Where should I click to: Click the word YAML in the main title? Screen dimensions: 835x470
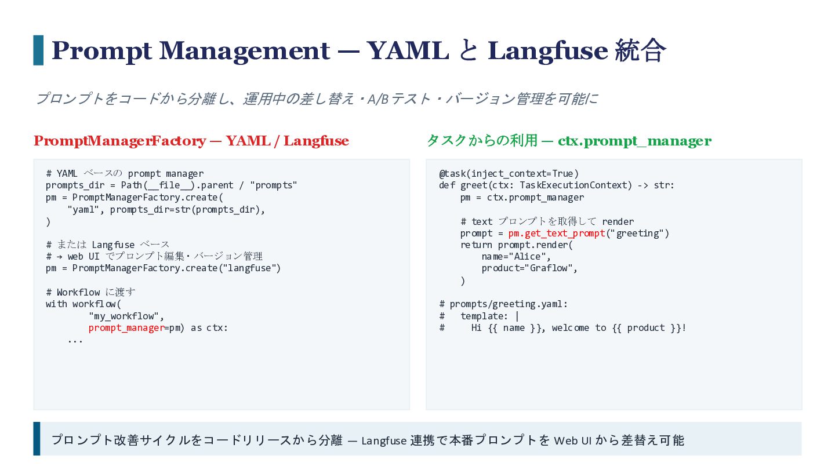point(408,50)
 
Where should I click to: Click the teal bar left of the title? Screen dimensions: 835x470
point(38,50)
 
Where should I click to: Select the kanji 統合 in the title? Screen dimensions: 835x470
point(640,50)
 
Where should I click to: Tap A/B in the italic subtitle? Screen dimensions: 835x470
point(377,99)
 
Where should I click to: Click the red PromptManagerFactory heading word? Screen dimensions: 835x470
point(119,141)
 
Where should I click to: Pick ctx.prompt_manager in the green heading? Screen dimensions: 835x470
point(634,141)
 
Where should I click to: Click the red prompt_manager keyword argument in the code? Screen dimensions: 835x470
point(126,328)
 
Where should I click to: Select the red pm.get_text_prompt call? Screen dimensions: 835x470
point(557,234)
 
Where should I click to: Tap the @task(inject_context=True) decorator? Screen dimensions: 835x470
point(509,174)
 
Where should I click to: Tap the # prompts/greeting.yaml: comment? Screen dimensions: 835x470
point(503,304)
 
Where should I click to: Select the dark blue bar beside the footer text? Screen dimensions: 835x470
point(37,439)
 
